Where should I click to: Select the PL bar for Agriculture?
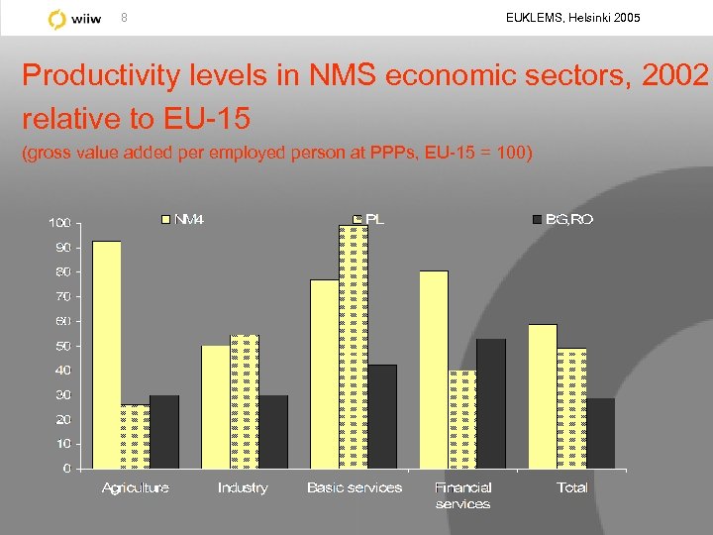tap(136, 436)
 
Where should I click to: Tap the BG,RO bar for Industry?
tap(273, 432)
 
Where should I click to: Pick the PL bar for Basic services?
tap(354, 347)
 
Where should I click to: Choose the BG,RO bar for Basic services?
tap(382, 416)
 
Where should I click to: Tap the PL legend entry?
tap(368, 219)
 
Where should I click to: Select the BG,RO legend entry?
tap(563, 219)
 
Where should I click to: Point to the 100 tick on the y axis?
tap(60, 223)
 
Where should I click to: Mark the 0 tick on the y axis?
tap(66, 469)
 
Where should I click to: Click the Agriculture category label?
tap(136, 487)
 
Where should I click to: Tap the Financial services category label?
tap(462, 495)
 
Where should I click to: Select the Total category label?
tap(572, 487)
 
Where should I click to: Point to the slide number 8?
tap(124, 17)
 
